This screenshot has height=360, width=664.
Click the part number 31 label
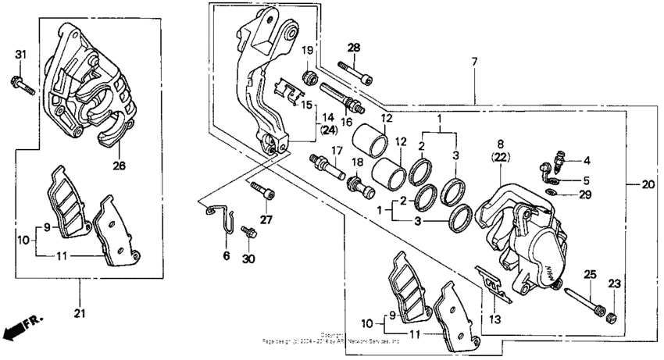21,53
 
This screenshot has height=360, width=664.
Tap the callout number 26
118,166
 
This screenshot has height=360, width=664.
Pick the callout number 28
354,48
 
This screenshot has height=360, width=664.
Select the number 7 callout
473,62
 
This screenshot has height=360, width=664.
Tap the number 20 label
647,185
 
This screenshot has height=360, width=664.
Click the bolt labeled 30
248,232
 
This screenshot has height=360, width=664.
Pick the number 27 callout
266,220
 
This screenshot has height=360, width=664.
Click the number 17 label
337,151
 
